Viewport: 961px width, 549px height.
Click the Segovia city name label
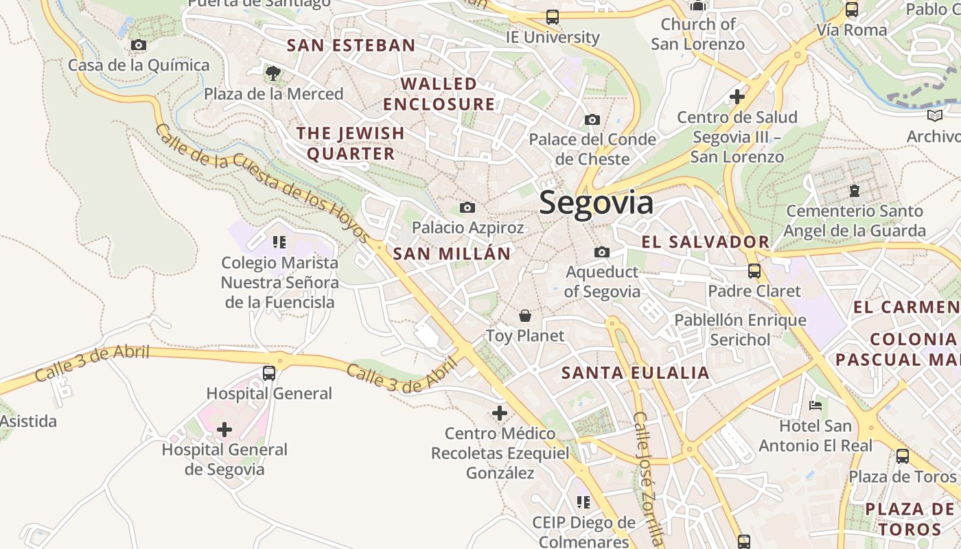coord(596,203)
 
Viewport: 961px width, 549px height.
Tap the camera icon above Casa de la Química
coord(138,45)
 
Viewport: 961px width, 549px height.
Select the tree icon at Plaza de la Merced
coord(273,73)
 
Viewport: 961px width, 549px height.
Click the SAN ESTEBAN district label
coord(351,46)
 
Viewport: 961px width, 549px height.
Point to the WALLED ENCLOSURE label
coord(439,94)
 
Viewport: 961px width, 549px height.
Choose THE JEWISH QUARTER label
coord(351,143)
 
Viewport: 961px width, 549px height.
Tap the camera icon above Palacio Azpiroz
coord(467,207)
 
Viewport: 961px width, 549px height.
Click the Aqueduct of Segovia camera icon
coord(602,253)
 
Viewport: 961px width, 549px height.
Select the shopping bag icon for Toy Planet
coord(525,316)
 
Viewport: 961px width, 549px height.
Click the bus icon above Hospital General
coord(269,373)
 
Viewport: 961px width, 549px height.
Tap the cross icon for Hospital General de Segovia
coord(224,430)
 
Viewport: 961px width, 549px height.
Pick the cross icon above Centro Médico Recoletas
coord(500,413)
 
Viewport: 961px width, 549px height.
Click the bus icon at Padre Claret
coord(754,271)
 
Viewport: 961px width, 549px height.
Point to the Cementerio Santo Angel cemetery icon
coord(854,190)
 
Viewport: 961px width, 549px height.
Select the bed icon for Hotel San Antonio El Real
coord(815,406)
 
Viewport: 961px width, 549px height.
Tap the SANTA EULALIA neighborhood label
coord(635,373)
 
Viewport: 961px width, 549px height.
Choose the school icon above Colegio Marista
coord(279,242)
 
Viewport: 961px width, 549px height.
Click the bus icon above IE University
coord(552,17)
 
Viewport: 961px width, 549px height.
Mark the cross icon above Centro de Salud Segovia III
coord(737,97)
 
